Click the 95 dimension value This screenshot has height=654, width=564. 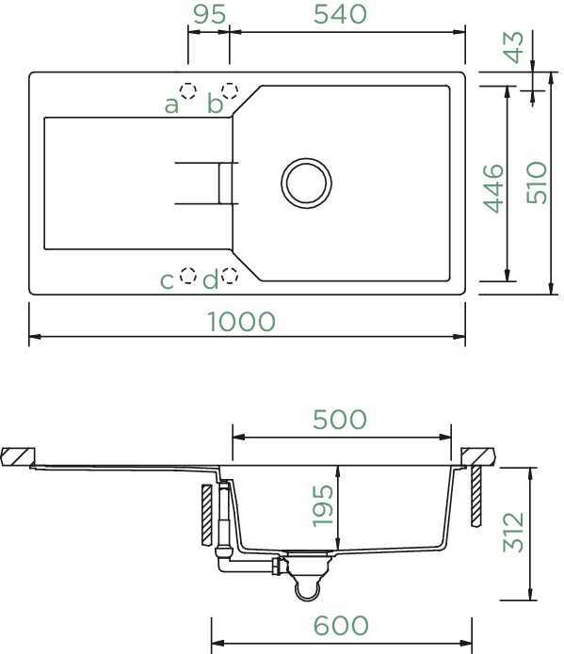(210, 14)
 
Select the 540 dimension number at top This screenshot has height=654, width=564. (340, 14)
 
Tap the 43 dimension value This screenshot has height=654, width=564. (514, 47)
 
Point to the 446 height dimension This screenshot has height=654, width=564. (493, 188)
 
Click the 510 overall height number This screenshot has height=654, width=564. (537, 183)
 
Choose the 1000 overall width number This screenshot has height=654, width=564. (241, 322)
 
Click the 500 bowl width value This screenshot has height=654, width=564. (340, 420)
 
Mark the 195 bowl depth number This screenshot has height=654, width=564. (323, 505)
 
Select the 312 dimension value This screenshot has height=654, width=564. (513, 533)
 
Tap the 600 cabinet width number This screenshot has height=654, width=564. (341, 626)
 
